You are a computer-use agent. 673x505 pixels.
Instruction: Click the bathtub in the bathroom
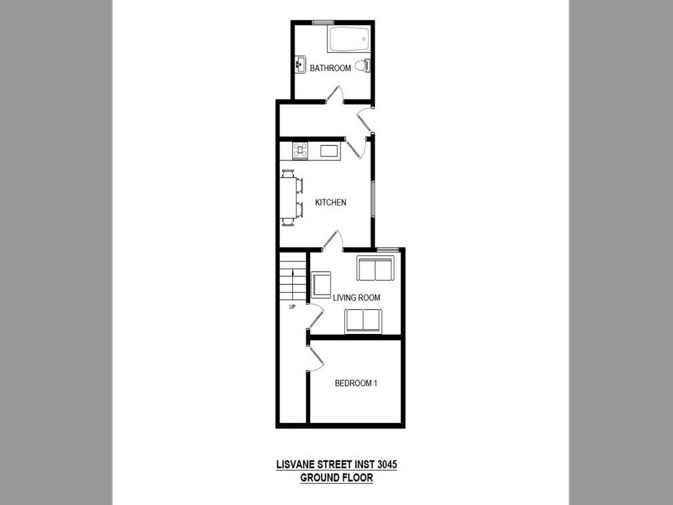click(349, 39)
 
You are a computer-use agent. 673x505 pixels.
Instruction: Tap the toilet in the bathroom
click(361, 65)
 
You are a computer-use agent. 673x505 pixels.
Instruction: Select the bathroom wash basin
click(300, 64)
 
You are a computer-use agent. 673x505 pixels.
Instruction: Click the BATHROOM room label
click(330, 68)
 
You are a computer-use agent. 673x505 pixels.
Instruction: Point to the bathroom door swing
click(335, 95)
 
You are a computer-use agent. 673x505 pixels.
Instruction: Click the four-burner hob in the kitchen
click(300, 150)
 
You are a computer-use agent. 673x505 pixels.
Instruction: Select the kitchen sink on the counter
click(329, 151)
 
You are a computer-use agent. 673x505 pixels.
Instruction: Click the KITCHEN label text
click(331, 203)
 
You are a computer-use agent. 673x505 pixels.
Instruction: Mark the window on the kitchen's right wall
click(373, 198)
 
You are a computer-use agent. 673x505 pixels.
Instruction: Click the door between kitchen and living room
click(333, 240)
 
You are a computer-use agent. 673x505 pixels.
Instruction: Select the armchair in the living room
click(321, 285)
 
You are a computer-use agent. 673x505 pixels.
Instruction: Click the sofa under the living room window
click(375, 268)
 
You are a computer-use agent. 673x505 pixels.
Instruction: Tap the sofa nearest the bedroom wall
click(363, 320)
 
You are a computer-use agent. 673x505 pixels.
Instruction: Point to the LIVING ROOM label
click(356, 298)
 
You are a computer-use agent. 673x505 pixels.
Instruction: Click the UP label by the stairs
click(292, 306)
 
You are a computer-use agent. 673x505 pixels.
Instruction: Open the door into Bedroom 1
click(315, 358)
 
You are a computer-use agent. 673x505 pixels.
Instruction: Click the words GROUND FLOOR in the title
click(336, 478)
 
